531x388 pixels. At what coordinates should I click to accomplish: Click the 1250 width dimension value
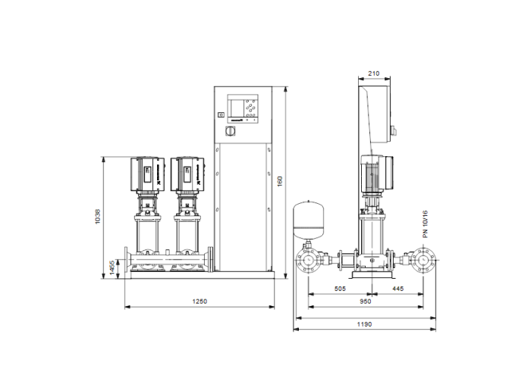[199, 301]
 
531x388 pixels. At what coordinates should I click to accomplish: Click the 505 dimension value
[340, 289]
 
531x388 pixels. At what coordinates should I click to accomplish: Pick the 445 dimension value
[398, 289]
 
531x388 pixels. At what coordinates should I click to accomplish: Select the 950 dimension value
[365, 301]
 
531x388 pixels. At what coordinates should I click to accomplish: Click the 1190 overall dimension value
[365, 324]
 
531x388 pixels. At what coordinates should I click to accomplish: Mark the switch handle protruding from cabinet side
[393, 133]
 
